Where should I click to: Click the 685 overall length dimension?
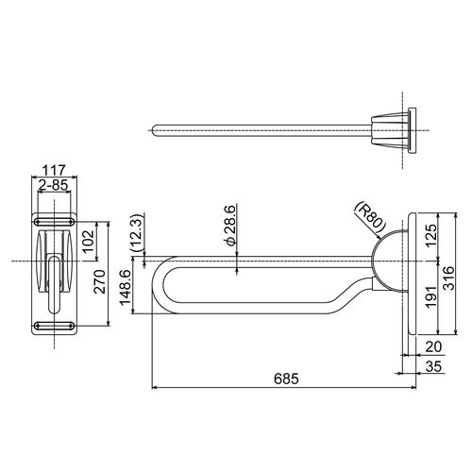[286, 379]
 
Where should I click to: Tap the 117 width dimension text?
[54, 171]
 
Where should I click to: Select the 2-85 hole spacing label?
[53, 185]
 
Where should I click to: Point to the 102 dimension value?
[88, 242]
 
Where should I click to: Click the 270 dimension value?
[100, 281]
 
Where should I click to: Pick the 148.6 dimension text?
[125, 287]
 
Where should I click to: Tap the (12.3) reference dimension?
[137, 232]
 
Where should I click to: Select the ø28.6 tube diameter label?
[229, 225]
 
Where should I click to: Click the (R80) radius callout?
[370, 218]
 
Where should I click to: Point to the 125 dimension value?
[430, 235]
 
